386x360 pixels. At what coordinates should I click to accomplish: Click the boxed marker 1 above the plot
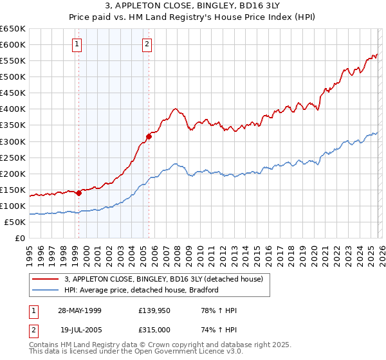(77, 44)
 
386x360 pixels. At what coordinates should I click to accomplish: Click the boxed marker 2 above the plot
(147, 44)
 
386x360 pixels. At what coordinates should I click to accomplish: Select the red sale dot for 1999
(79, 193)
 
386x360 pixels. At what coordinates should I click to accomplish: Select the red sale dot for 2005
(149, 136)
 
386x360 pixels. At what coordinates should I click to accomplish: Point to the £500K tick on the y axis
(13, 76)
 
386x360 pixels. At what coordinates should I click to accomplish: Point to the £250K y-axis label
(13, 157)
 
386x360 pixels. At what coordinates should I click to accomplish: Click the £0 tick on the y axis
(19, 238)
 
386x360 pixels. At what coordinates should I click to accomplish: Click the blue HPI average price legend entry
(142, 290)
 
